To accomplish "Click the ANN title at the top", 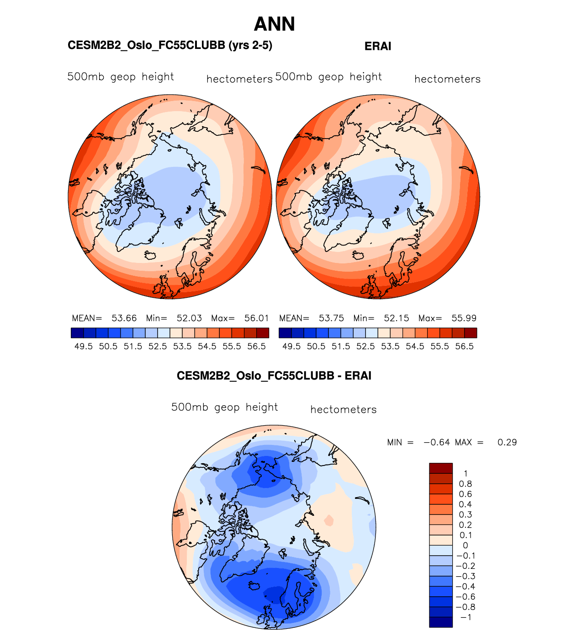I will (274, 24).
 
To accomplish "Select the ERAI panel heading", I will (378, 46).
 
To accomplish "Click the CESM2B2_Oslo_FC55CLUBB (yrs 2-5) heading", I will (170, 45).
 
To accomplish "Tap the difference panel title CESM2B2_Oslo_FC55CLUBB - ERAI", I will (274, 376).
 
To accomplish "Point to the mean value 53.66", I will (124, 318).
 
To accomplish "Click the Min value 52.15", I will (397, 318).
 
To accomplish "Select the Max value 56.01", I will (257, 318).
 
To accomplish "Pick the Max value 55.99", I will (464, 318).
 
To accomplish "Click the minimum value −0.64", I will (437, 442).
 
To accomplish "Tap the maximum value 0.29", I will (507, 442).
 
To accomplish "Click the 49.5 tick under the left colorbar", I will (84, 347).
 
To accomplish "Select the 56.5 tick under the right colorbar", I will (465, 347).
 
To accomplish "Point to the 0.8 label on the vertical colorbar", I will (465, 484).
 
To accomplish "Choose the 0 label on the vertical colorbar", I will (465, 546).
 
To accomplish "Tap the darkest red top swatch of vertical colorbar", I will (441, 468).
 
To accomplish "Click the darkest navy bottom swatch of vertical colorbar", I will (441, 622).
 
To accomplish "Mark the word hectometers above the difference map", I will (344, 410).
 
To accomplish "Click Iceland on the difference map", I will (254, 585).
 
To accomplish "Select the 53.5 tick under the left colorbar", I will (182, 347).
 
